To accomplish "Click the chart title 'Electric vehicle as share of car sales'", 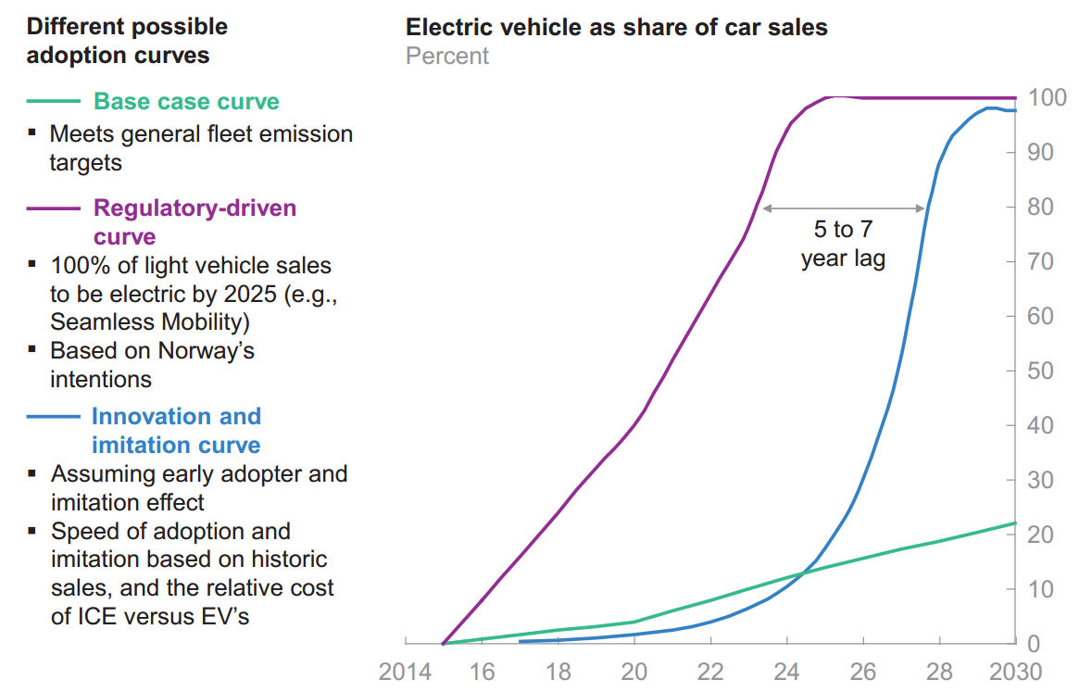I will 617,27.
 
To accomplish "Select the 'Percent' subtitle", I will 447,56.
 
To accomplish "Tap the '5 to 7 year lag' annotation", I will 843,244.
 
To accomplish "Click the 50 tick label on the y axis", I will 1041,371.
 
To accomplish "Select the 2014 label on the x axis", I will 406,672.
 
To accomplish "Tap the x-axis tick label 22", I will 709,672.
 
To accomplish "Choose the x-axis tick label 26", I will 863,672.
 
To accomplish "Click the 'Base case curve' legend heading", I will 186,101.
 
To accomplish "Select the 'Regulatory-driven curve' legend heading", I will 194,221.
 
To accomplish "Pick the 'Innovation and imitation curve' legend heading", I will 176,431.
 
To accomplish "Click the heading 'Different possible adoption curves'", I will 127,41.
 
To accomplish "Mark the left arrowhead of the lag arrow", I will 765,208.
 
